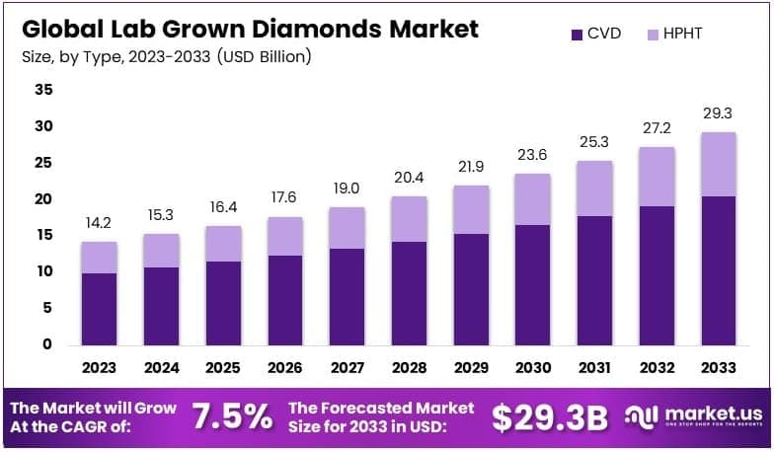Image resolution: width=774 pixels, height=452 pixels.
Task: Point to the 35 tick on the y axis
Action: [42, 90]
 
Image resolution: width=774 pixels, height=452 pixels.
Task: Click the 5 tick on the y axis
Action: [46, 308]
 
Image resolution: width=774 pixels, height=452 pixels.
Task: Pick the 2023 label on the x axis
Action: [99, 367]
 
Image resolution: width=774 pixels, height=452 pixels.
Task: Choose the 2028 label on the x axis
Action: [409, 367]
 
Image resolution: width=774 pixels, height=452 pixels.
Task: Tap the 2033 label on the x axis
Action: [719, 367]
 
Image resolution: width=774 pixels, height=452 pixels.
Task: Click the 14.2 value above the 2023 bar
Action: [99, 223]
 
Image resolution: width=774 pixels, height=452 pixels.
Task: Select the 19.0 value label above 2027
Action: [347, 188]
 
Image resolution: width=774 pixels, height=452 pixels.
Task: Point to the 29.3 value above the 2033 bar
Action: [719, 113]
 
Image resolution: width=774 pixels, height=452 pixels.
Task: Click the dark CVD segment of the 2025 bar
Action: [223, 303]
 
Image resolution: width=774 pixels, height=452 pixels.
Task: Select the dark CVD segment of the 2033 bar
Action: [719, 270]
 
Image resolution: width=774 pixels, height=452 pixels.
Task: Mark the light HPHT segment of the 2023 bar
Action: [99, 258]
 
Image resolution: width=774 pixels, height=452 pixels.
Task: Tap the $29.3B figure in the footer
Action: [550, 416]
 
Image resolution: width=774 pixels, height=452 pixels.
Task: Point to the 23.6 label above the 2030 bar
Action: [533, 155]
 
